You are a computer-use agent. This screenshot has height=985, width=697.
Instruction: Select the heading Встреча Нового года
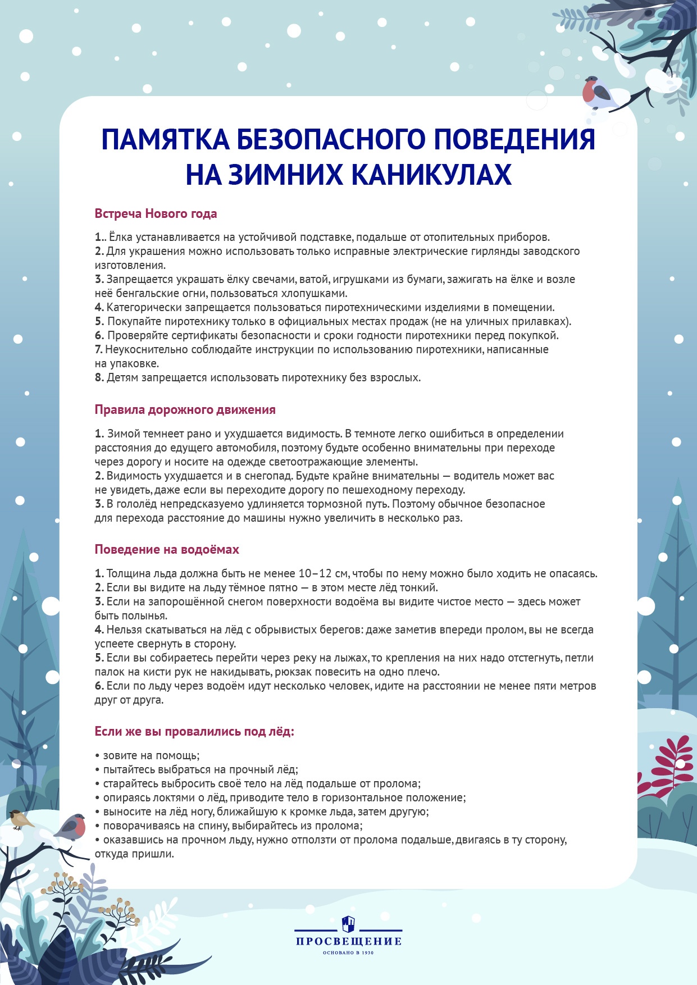(x=156, y=214)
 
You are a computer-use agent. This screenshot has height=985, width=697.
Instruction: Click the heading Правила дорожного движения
(x=185, y=410)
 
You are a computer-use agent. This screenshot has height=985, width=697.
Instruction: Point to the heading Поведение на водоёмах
(x=167, y=550)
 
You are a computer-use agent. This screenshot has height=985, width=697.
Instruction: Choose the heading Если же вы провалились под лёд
(x=194, y=732)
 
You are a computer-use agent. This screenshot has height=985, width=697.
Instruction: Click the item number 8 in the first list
(x=99, y=378)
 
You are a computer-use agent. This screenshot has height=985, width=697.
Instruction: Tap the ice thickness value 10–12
(x=315, y=574)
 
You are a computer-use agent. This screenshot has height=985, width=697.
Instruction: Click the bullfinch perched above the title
(x=596, y=93)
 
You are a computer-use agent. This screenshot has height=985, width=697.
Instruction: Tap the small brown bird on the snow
(x=21, y=820)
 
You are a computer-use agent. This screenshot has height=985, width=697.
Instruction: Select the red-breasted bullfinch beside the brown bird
(x=71, y=827)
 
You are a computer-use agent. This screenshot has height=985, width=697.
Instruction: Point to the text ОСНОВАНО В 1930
(x=348, y=952)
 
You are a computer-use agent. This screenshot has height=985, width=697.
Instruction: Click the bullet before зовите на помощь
(x=97, y=756)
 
